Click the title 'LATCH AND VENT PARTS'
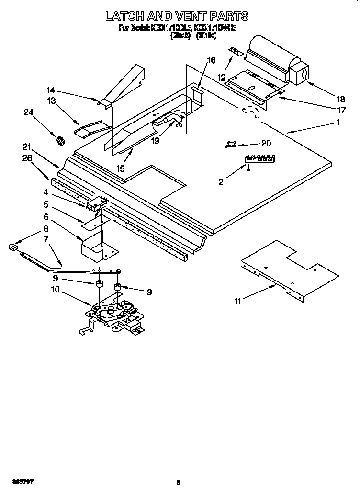click(177, 16)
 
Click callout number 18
click(340, 100)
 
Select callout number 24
click(29, 112)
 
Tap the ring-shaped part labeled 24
click(61, 141)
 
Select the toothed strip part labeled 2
click(260, 157)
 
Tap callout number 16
click(211, 60)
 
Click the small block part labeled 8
click(13, 247)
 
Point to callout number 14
click(51, 90)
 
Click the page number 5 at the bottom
click(178, 483)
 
